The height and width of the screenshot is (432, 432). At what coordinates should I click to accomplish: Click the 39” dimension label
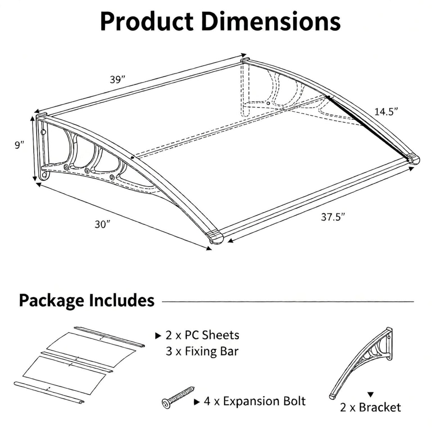click(x=117, y=79)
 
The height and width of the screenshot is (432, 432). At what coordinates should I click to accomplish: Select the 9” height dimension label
click(x=19, y=145)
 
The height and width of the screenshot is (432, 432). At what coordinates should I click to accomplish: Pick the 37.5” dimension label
click(x=333, y=217)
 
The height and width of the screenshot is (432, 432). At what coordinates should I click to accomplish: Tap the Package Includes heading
click(x=87, y=300)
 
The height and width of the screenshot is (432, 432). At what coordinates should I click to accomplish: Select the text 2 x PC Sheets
click(x=202, y=335)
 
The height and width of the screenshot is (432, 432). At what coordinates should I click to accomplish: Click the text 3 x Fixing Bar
click(x=202, y=351)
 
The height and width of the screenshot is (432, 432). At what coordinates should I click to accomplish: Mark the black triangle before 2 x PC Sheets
click(x=158, y=336)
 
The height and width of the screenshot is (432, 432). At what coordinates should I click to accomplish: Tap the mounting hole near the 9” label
click(x=44, y=132)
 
